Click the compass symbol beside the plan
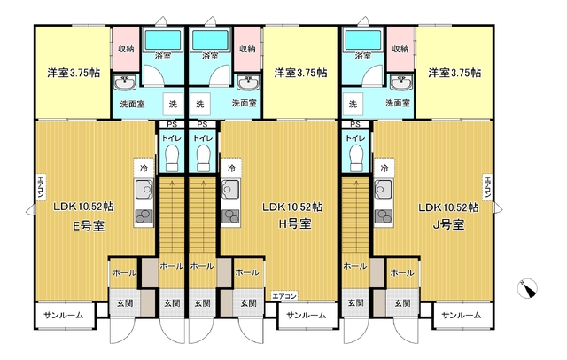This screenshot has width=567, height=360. click(527, 289)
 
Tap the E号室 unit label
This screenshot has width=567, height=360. click(89, 226)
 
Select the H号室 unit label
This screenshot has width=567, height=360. click(295, 224)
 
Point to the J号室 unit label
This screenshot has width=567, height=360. click(448, 225)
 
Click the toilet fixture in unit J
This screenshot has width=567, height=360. click(356, 158)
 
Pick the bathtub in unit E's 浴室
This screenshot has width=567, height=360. click(162, 40)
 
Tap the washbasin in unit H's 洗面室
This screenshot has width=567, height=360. click(247, 82)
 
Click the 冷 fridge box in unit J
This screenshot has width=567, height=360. click(384, 168)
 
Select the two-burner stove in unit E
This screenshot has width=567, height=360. click(144, 216)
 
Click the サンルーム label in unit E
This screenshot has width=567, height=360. click(64, 315)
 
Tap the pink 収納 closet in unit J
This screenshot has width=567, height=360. click(400, 49)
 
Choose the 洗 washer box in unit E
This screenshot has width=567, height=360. click(173, 105)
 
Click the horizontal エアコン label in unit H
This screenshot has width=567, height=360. click(284, 296)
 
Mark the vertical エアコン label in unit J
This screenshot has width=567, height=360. click(487, 187)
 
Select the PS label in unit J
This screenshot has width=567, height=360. click(355, 124)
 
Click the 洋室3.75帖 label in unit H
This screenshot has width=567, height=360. click(301, 73)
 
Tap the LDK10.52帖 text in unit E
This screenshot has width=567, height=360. click(83, 207)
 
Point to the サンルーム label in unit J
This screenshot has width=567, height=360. click(462, 315)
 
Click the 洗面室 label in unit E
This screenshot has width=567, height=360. click(133, 105)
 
